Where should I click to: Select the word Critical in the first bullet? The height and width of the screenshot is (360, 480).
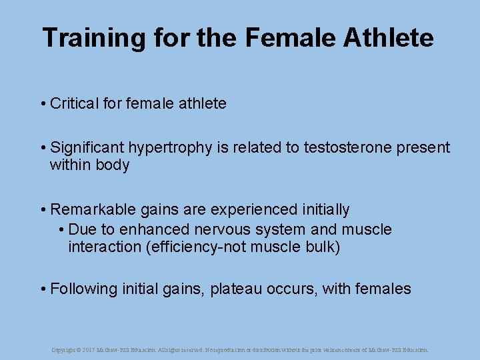pyautogui.click(x=74, y=104)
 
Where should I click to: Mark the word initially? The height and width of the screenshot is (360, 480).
pyautogui.click(x=322, y=210)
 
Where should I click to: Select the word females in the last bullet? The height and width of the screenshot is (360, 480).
pyautogui.click(x=384, y=289)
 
